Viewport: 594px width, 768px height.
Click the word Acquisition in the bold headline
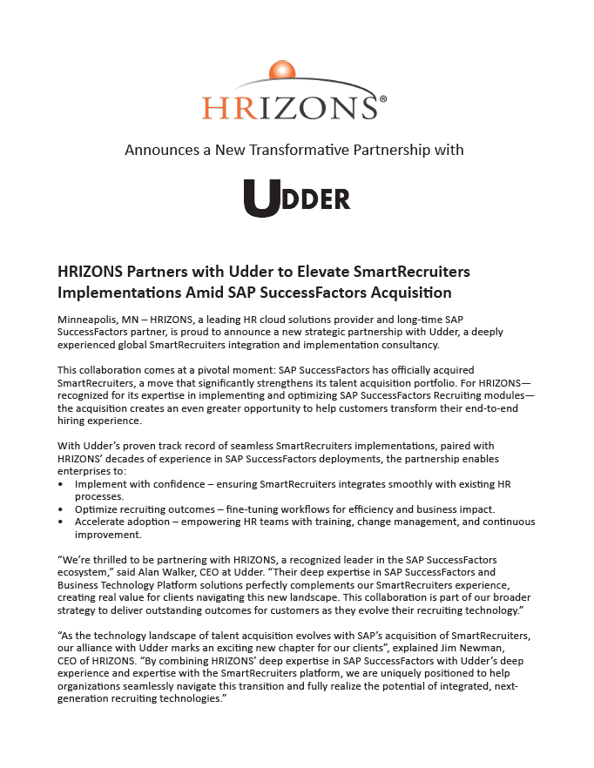pos(412,293)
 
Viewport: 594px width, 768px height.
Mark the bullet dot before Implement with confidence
pos(60,483)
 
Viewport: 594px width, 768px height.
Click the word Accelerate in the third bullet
pos(104,522)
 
